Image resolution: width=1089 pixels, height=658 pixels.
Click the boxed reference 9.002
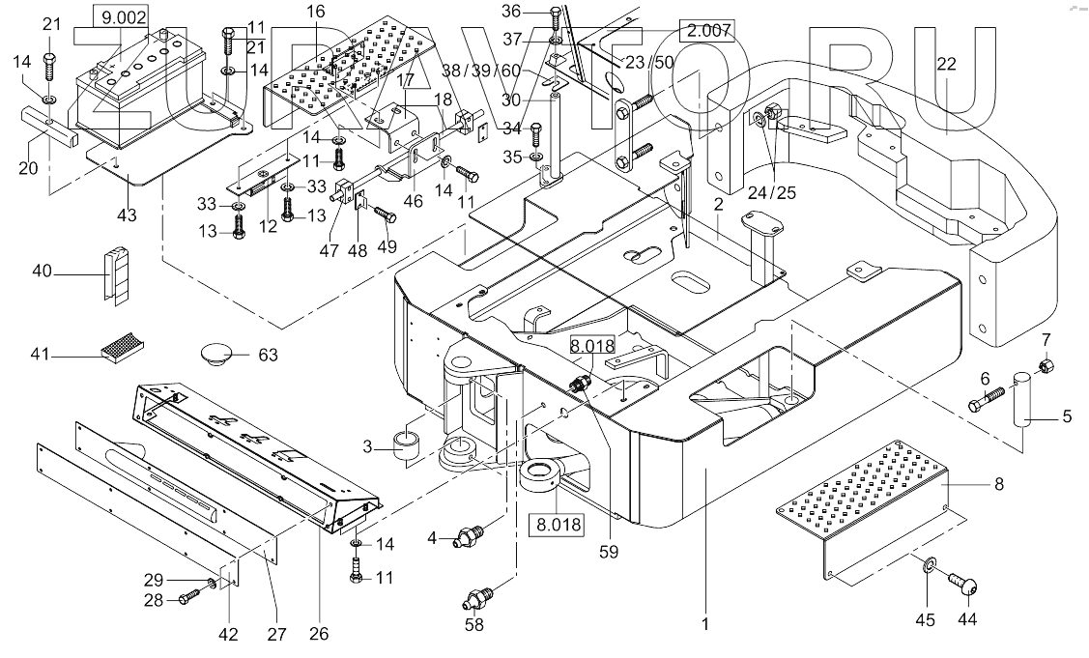122,15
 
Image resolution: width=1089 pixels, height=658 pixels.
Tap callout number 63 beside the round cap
268,356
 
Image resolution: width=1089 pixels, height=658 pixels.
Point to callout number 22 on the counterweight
946,64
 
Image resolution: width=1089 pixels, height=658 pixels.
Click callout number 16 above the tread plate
316,12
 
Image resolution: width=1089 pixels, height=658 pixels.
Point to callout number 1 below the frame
705,625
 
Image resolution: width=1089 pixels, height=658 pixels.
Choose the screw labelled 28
188,600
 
